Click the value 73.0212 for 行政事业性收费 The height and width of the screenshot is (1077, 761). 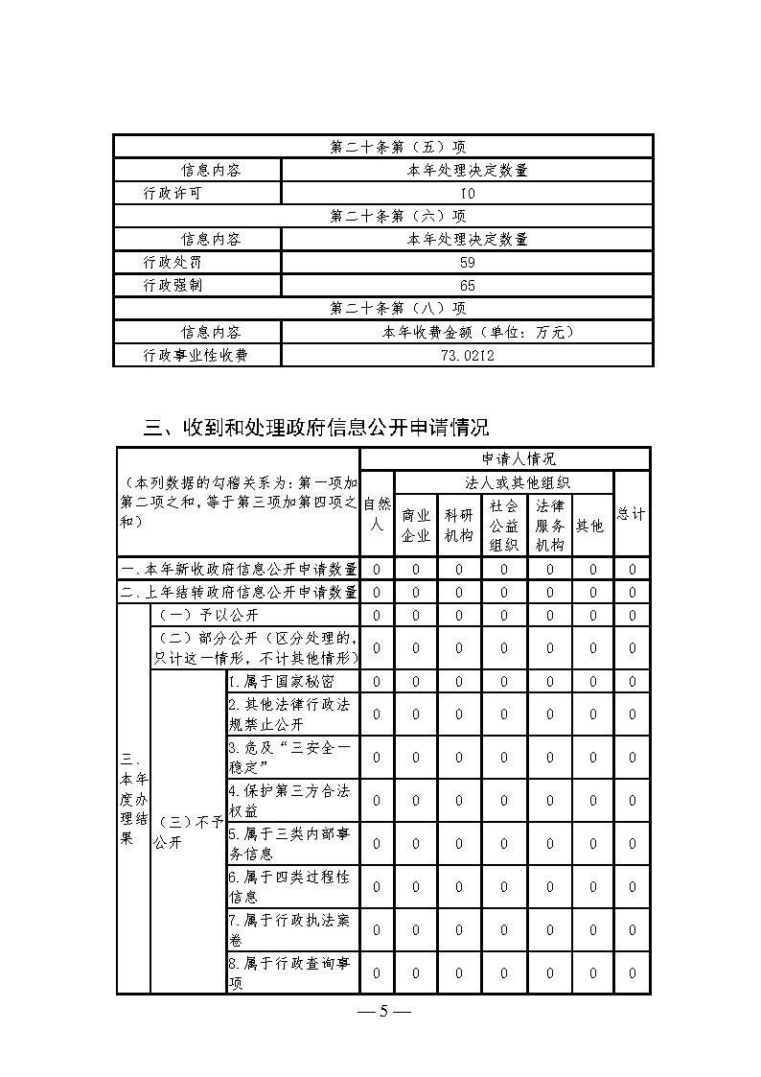(468, 356)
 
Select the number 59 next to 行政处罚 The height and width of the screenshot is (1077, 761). (468, 262)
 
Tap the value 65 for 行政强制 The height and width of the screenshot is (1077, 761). (468, 285)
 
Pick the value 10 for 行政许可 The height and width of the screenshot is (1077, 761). (468, 194)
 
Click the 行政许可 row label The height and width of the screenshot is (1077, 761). (173, 194)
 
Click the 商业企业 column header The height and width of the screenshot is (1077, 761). (415, 526)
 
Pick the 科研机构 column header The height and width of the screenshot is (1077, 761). (459, 526)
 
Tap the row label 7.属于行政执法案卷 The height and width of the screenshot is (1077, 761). (289, 929)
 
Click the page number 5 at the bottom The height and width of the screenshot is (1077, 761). (382, 1013)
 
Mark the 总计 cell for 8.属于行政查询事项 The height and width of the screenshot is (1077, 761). (632, 973)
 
